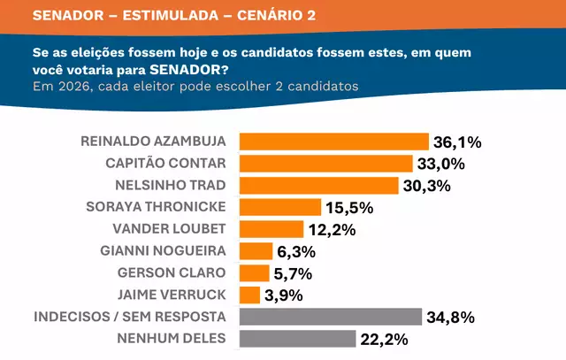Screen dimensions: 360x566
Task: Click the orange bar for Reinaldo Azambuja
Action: pos(333,142)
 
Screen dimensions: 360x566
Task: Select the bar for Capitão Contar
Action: pos(326,164)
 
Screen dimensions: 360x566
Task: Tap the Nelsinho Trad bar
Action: pos(319,186)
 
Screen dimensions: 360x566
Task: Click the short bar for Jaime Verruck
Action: pos(250,295)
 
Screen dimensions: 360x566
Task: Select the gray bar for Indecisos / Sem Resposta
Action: pos(331,317)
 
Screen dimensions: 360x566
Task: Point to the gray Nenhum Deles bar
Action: pos(296,339)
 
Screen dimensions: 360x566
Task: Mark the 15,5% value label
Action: pos(350,208)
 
